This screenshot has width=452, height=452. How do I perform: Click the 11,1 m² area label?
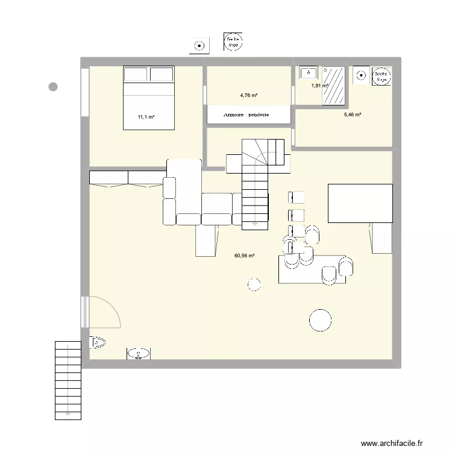(146, 117)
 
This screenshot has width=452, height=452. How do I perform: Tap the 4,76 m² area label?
(248, 95)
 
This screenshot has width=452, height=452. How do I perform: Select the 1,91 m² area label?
(319, 86)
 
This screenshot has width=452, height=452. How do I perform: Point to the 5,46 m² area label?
(352, 115)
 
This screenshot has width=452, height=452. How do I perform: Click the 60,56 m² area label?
(244, 256)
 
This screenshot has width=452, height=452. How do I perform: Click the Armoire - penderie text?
(249, 115)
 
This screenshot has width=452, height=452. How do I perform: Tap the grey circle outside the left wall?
(53, 87)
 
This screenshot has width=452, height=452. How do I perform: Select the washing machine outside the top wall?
(199, 45)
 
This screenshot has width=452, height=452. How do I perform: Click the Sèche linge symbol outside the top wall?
(233, 42)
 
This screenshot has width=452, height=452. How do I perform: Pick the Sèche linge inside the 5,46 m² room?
(381, 76)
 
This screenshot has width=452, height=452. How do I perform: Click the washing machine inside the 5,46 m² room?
(361, 75)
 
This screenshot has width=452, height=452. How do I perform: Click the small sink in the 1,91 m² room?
(307, 72)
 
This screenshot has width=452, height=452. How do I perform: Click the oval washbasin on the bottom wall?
(139, 354)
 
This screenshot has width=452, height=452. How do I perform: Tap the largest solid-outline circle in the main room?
(320, 320)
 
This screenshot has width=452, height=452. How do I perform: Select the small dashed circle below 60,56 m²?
(254, 284)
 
